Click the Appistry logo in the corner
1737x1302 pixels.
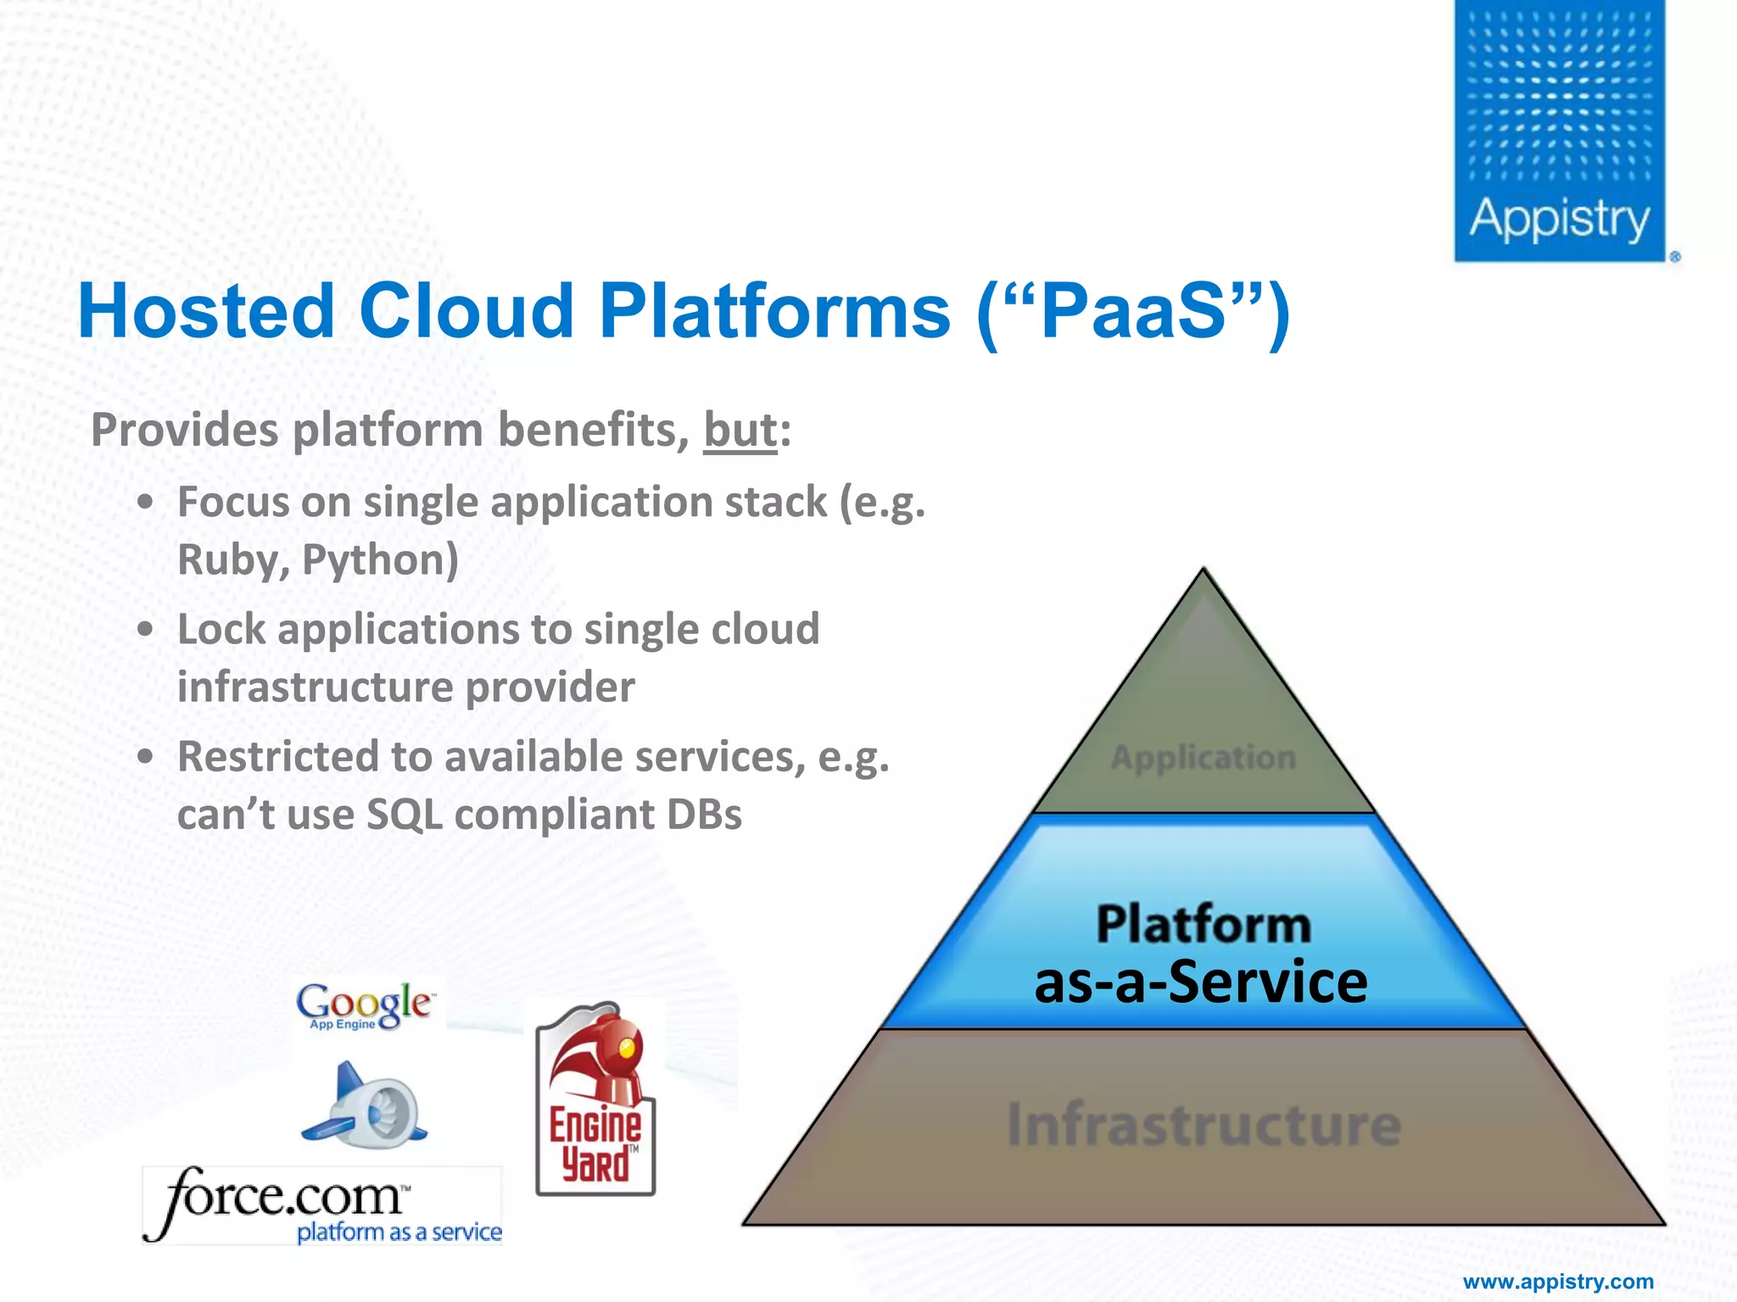click(x=1559, y=131)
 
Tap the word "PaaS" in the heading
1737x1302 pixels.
click(x=1132, y=311)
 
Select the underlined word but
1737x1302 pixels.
click(x=740, y=430)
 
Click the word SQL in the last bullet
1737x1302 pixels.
click(x=404, y=815)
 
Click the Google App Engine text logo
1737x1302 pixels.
click(x=365, y=1005)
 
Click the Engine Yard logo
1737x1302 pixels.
click(x=595, y=1099)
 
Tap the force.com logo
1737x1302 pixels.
click(x=322, y=1204)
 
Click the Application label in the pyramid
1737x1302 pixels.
click(x=1203, y=758)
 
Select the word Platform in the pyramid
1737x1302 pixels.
click(x=1203, y=924)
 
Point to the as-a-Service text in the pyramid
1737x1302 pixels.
click(x=1201, y=983)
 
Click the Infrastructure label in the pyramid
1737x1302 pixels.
click(x=1203, y=1125)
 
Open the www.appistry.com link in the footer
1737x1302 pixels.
click(x=1558, y=1282)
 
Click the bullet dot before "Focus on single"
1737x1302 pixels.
click(x=146, y=502)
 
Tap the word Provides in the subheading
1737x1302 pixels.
click(x=184, y=430)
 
